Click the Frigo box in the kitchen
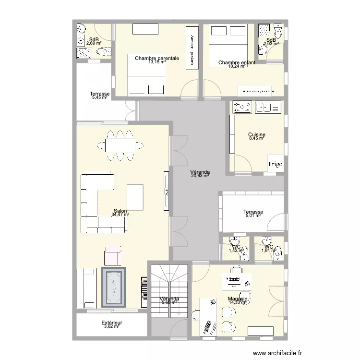pos(275,163)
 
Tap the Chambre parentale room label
pos(157,58)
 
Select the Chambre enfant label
pos(237,62)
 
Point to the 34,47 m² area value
pos(120,215)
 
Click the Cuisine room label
pos(257,135)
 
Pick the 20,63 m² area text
pos(200,176)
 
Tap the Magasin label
pos(238,299)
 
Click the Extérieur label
pos(112,323)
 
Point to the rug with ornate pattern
pos(114,288)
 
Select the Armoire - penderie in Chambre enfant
pos(259,90)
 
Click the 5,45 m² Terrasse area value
pos(100,97)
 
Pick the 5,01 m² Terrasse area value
pos(252,216)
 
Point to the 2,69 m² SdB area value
pos(94,43)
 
